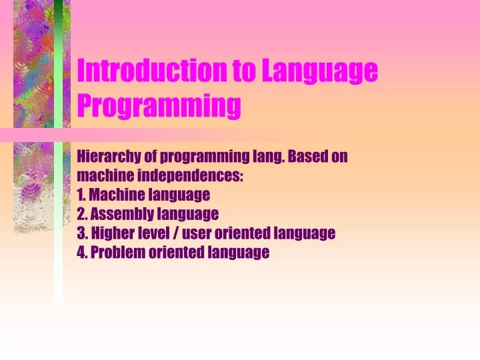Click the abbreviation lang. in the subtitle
tap(267, 157)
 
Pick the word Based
tap(305, 157)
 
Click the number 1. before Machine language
tap(81, 195)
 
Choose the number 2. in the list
tap(82, 214)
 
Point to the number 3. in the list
tap(82, 233)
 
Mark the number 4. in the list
tap(82, 252)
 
